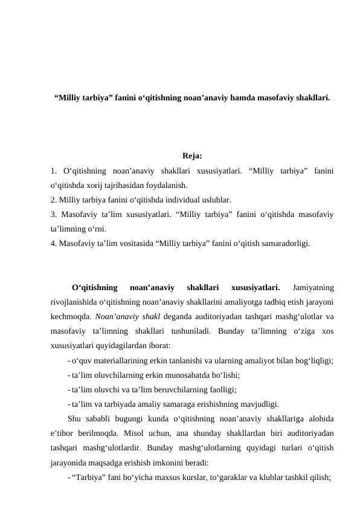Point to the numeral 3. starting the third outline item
(x=55, y=214)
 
